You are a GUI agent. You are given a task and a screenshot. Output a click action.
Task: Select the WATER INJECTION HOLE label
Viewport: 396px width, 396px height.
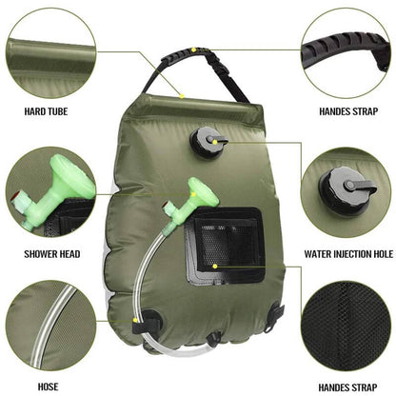pos(348,255)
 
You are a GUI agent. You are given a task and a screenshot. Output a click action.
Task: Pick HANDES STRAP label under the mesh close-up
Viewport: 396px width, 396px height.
pos(348,388)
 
